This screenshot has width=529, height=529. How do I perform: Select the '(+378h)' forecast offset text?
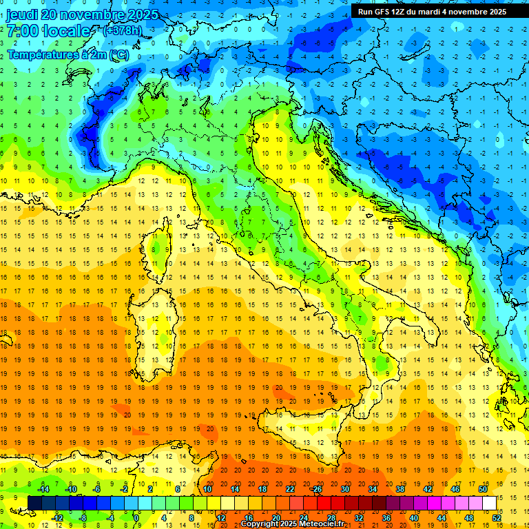pyautogui.click(x=123, y=31)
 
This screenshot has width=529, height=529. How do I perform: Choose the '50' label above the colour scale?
pyautogui.click(x=483, y=489)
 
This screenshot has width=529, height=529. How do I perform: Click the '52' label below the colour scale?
pyautogui.click(x=497, y=518)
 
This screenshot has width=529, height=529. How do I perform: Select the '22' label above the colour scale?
pyautogui.click(x=290, y=489)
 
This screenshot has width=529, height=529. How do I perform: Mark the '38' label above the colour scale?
pyautogui.click(x=400, y=489)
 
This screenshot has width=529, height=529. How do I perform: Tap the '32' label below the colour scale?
pyautogui.click(x=359, y=518)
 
